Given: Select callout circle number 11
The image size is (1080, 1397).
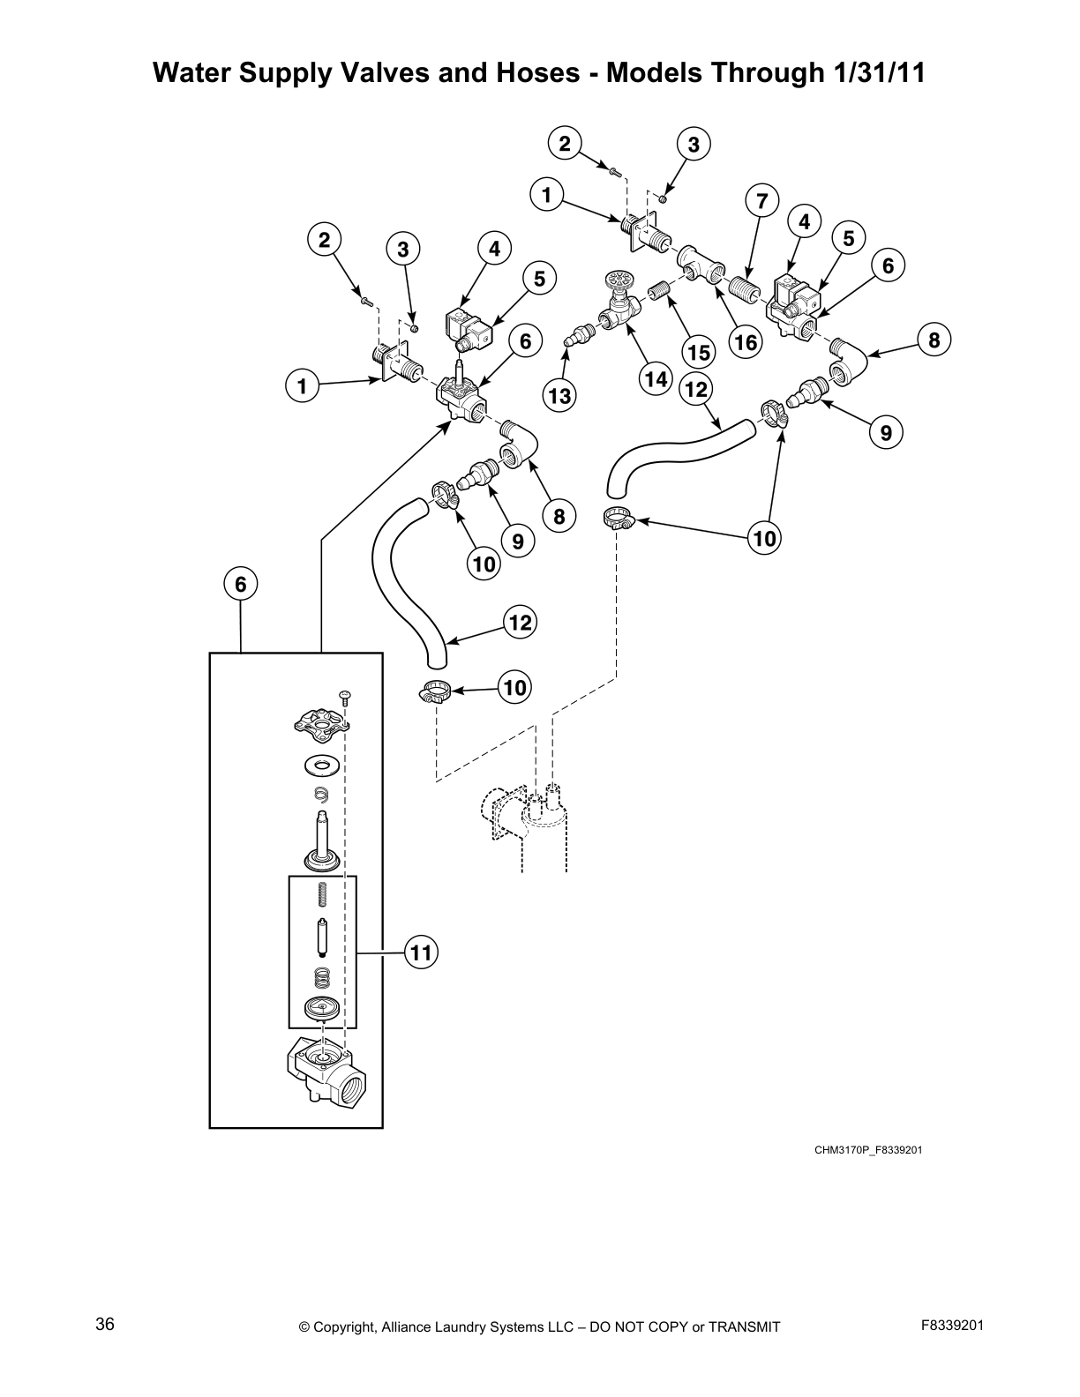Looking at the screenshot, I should point(422,952).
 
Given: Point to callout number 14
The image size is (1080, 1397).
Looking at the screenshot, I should point(655,379).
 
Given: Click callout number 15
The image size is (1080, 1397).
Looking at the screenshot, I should point(699,353).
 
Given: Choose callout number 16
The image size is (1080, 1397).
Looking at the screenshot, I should point(746,341).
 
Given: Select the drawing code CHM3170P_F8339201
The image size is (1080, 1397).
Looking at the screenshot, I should point(868,1150).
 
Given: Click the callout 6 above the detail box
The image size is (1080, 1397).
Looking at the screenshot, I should point(240,584).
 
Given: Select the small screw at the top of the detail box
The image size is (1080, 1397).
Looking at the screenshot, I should point(346,698).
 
